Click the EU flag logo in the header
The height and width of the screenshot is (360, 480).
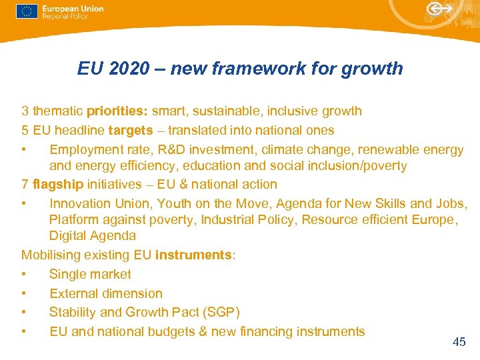click(x=27, y=11)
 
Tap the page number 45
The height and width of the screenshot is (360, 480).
click(x=459, y=342)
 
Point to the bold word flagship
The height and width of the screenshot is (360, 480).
click(x=55, y=185)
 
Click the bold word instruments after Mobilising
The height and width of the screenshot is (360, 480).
click(x=193, y=255)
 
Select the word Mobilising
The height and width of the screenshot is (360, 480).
click(x=52, y=255)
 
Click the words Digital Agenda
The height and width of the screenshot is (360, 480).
click(x=92, y=236)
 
